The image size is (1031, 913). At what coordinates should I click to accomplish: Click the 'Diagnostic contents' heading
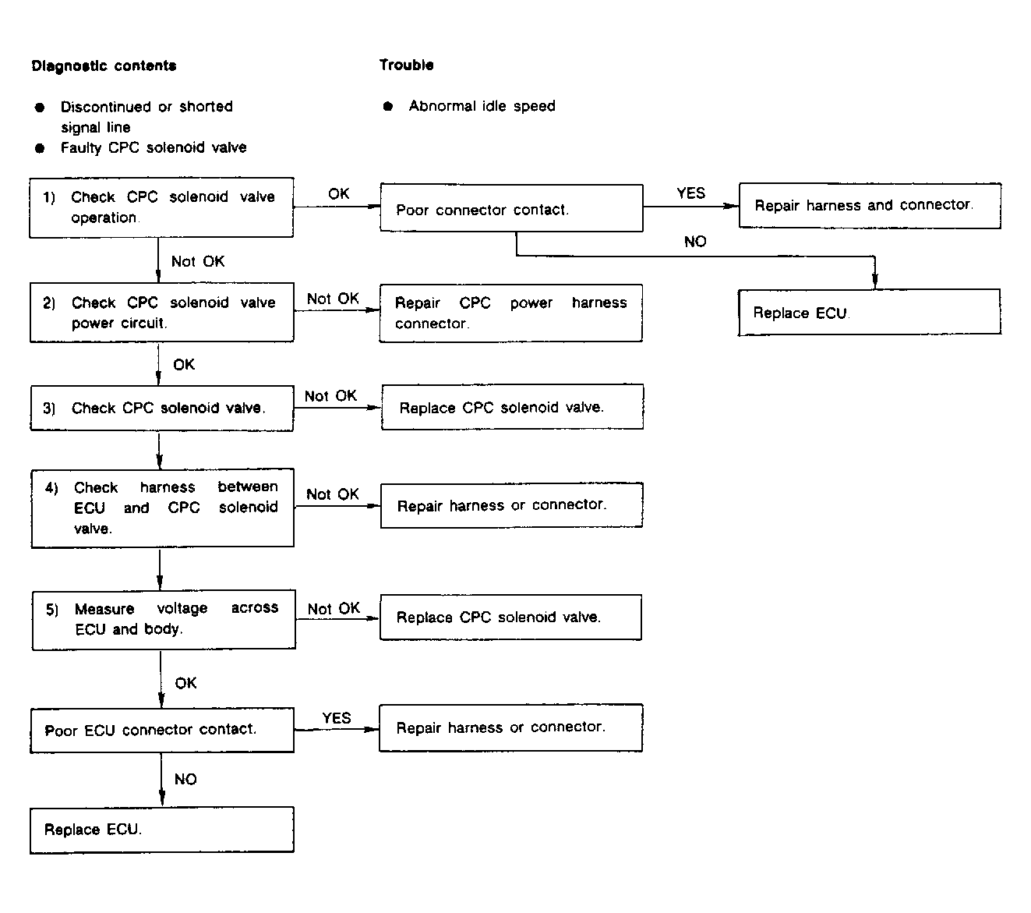pyautogui.click(x=104, y=66)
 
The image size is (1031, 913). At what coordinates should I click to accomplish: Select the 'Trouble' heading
pyautogui.click(x=406, y=65)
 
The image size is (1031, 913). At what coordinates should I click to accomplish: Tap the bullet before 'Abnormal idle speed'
pyautogui.click(x=388, y=106)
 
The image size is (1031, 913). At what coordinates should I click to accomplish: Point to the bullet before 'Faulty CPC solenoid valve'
pyautogui.click(x=40, y=148)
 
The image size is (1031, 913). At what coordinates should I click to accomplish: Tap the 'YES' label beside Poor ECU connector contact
pyautogui.click(x=337, y=718)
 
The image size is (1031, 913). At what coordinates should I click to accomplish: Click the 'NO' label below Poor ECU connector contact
pyautogui.click(x=185, y=779)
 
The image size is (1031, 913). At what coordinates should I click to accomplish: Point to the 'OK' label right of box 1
pyautogui.click(x=338, y=194)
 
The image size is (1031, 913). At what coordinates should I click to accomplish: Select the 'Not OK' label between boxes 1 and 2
pyautogui.click(x=197, y=261)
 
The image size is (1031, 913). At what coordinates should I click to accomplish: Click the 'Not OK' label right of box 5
pyautogui.click(x=334, y=608)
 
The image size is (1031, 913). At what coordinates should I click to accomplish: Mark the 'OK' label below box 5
pyautogui.click(x=185, y=683)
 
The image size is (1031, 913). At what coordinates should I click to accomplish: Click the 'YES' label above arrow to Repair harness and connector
pyautogui.click(x=690, y=193)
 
